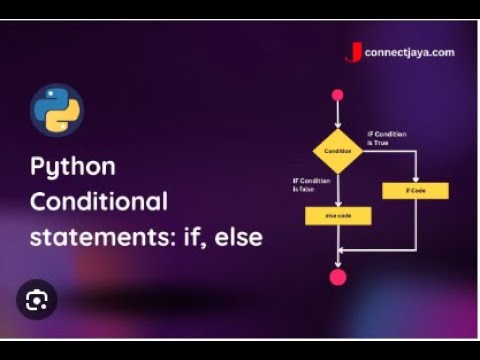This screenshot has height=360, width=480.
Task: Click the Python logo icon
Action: click(56, 110)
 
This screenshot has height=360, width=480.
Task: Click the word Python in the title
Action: click(72, 166)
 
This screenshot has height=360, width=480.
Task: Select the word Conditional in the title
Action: click(98, 202)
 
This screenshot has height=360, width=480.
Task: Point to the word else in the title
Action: click(241, 238)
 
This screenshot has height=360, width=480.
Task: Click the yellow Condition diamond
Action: click(338, 151)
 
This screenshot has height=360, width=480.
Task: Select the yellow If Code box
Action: click(415, 190)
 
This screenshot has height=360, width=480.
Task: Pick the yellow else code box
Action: click(338, 215)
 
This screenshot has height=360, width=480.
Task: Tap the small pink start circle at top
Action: click(338, 95)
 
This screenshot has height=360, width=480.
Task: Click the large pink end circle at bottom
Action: click(338, 277)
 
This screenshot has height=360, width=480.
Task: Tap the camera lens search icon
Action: click(37, 299)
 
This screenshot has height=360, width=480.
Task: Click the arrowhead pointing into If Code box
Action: click(415, 180)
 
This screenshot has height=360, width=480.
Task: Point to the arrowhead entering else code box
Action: click(338, 204)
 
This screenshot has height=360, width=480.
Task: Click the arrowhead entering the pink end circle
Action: click(338, 264)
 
